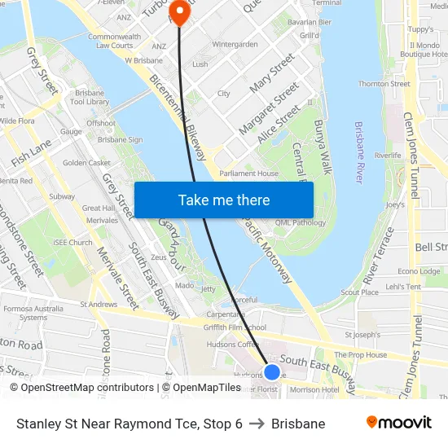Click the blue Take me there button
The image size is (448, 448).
(223, 200)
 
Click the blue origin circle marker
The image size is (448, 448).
(272, 372)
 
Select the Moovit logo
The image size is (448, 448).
(398, 423)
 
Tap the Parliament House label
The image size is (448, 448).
(248, 173)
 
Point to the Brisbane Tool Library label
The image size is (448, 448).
(90, 97)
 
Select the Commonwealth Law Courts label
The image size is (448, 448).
(113, 41)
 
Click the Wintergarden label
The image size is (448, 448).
(235, 44)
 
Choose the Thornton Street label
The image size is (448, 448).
(384, 84)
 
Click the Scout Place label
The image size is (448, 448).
(359, 292)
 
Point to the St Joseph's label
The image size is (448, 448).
(362, 334)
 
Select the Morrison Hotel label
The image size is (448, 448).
(314, 389)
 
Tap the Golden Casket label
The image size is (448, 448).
(86, 163)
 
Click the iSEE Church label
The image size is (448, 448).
(72, 242)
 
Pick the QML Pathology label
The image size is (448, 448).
(301, 222)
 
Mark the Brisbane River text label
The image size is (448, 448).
(358, 152)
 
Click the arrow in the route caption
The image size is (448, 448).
(257, 424)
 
